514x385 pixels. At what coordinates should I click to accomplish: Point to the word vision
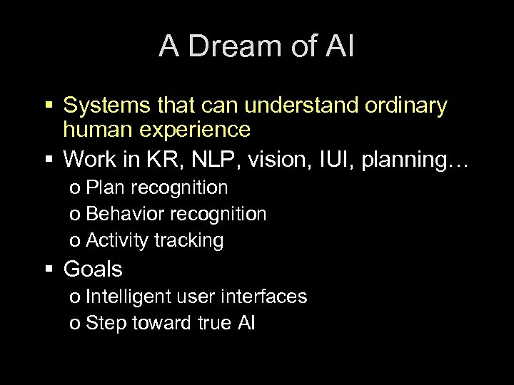pyautogui.click(x=267, y=159)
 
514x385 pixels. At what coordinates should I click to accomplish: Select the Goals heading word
pyautogui.click(x=93, y=269)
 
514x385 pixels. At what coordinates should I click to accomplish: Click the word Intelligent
pyautogui.click(x=126, y=297)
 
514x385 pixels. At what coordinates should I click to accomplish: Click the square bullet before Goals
pyautogui.click(x=50, y=270)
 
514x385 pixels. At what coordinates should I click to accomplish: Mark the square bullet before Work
pyautogui.click(x=50, y=160)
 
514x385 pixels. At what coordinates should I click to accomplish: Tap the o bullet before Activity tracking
pyautogui.click(x=75, y=242)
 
